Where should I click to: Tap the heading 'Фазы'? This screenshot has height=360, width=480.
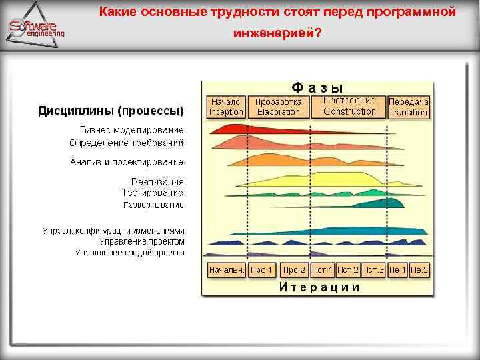click(317, 87)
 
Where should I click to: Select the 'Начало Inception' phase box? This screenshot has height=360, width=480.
click(226, 107)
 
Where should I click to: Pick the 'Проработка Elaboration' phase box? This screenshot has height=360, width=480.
click(279, 107)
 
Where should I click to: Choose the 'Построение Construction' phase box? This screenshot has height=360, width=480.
click(349, 106)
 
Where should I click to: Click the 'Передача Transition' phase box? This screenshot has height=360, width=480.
click(408, 107)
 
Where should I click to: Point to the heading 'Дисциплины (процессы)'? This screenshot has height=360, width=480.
click(111, 110)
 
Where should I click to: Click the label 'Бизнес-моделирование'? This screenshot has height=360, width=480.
click(131, 130)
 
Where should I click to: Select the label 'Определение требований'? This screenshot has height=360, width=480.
click(127, 143)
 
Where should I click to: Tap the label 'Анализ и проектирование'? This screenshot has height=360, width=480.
click(127, 162)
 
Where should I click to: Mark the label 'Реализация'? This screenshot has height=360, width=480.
click(157, 181)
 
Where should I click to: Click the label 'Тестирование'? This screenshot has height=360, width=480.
click(153, 192)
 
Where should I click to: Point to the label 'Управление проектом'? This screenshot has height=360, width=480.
click(141, 241)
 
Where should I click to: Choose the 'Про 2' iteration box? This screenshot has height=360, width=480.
click(294, 271)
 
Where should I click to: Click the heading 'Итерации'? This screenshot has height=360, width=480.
click(319, 287)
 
